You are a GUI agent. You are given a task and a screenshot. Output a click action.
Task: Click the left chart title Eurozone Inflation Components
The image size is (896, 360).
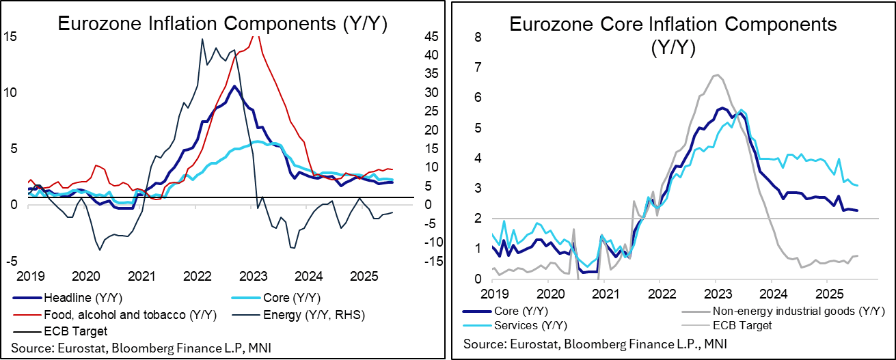(x=223, y=24)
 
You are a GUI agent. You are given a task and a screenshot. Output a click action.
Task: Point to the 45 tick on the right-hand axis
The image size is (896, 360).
(x=416, y=36)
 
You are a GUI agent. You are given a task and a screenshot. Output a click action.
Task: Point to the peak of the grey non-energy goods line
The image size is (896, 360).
(x=716, y=75)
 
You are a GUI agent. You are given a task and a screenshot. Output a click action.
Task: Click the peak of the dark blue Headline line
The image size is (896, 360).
(x=234, y=86)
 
